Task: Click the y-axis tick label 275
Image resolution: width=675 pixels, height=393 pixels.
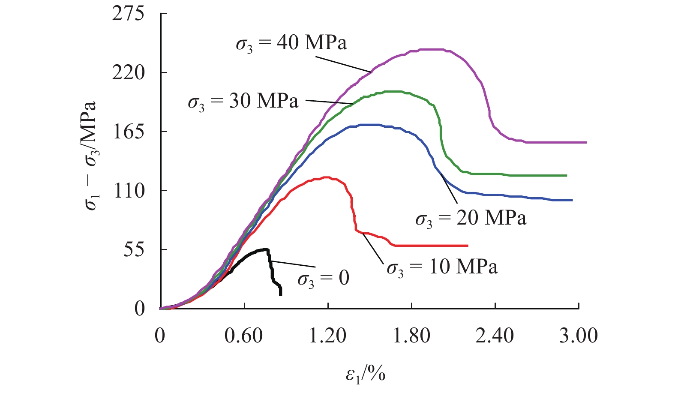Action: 128,14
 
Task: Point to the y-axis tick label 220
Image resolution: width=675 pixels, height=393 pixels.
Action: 128,72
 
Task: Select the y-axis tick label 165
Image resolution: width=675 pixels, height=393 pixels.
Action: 128,132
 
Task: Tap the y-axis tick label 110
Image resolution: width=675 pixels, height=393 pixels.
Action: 129,191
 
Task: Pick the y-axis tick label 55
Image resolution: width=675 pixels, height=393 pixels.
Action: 134,250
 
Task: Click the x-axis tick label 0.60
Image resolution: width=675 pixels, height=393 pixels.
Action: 243,336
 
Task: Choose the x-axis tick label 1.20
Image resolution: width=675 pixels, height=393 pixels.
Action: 327,336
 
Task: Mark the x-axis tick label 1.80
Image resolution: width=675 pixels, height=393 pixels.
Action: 411,336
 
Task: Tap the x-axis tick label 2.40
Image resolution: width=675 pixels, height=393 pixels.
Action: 495,336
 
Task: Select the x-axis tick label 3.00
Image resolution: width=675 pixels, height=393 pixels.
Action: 578,336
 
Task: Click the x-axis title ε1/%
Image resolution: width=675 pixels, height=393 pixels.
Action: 366,374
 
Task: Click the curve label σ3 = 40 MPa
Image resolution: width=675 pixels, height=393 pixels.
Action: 291,43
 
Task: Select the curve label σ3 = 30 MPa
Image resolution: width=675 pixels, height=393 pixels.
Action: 243,102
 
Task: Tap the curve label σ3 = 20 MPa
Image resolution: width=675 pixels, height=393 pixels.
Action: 471,219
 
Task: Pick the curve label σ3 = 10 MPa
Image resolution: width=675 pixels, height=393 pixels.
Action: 442,267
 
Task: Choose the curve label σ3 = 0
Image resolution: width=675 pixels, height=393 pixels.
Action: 323,279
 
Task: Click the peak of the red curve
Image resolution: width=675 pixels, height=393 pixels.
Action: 327,177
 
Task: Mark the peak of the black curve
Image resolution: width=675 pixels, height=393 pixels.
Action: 266,249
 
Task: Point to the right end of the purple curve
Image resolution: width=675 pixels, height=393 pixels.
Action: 586,142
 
